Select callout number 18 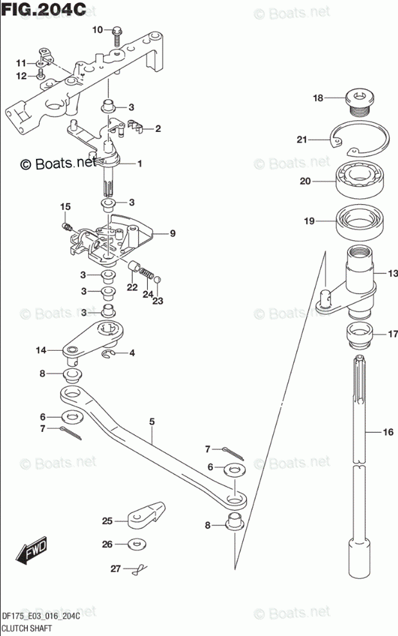click(318, 98)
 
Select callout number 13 click(392, 274)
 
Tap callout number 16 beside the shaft click(387, 433)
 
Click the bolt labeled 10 click(118, 35)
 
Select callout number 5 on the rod click(152, 422)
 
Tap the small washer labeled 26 click(136, 545)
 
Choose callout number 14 click(41, 350)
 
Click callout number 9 click(172, 234)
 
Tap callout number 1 click(139, 164)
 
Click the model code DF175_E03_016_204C click(41, 617)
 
